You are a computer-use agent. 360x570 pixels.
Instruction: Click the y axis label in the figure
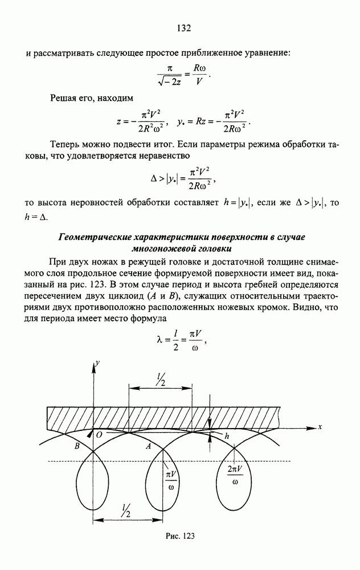click(98, 362)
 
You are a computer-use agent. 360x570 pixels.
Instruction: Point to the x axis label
click(321, 426)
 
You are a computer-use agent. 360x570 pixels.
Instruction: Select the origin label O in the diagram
click(99, 435)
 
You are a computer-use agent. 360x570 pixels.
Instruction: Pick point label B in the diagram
click(78, 447)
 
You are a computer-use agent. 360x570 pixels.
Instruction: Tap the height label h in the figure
click(227, 436)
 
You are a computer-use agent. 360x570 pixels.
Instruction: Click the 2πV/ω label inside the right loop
click(235, 474)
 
